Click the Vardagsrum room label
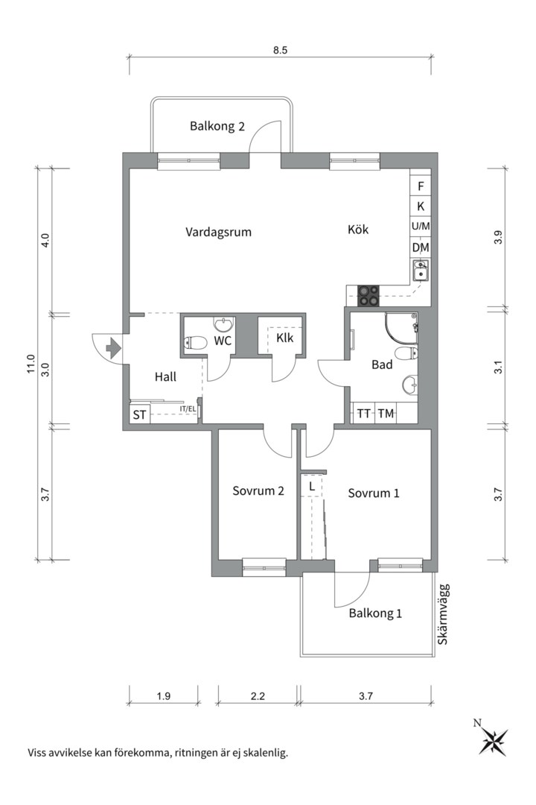click(219, 232)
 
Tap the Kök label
click(358, 230)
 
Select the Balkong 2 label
click(217, 126)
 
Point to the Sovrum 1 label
click(374, 493)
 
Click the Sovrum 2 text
click(258, 490)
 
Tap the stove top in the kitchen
click(368, 295)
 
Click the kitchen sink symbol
click(421, 270)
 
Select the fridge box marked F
click(421, 186)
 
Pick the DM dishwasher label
click(421, 248)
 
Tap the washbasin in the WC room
click(223, 324)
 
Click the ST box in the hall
click(139, 414)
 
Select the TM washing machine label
click(386, 413)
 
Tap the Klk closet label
click(284, 338)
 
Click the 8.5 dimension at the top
click(280, 51)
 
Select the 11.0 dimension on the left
click(31, 364)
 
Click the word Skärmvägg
click(443, 614)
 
